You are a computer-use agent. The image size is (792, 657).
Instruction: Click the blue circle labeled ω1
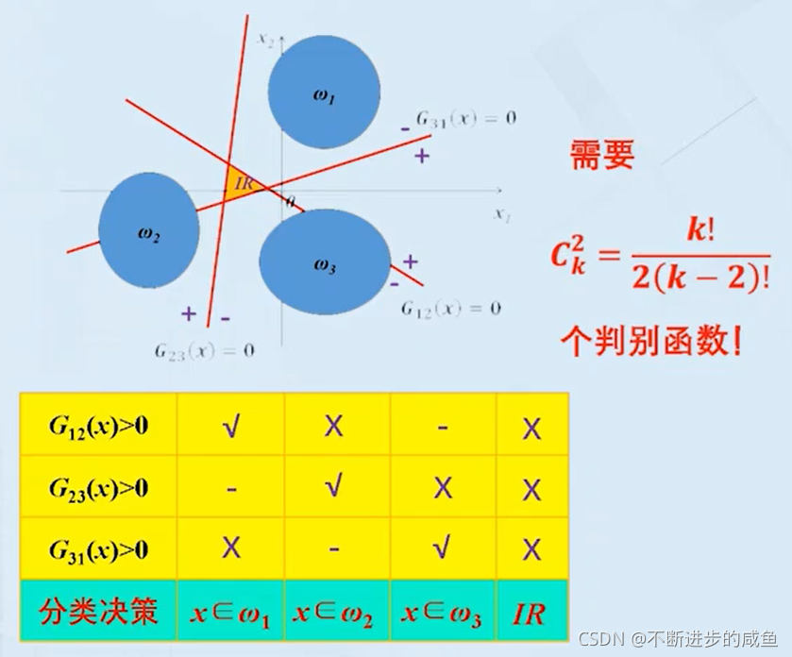324,91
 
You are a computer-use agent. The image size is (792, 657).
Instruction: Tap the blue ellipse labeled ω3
325,262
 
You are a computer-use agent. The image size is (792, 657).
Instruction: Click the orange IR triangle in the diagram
241,183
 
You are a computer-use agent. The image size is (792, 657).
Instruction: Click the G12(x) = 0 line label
450,308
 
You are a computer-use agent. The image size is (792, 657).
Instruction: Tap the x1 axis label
501,213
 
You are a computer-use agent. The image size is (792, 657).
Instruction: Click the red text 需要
601,157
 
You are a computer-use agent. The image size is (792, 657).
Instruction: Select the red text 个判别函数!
650,340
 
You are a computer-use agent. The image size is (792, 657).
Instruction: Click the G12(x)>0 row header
99,425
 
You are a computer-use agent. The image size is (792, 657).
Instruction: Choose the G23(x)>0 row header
99,487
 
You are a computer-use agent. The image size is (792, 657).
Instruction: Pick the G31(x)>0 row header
99,549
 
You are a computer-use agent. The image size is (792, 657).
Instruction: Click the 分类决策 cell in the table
99,612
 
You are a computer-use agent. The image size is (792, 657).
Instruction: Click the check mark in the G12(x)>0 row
230,425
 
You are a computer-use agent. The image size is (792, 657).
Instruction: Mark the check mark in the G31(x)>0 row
442,549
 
